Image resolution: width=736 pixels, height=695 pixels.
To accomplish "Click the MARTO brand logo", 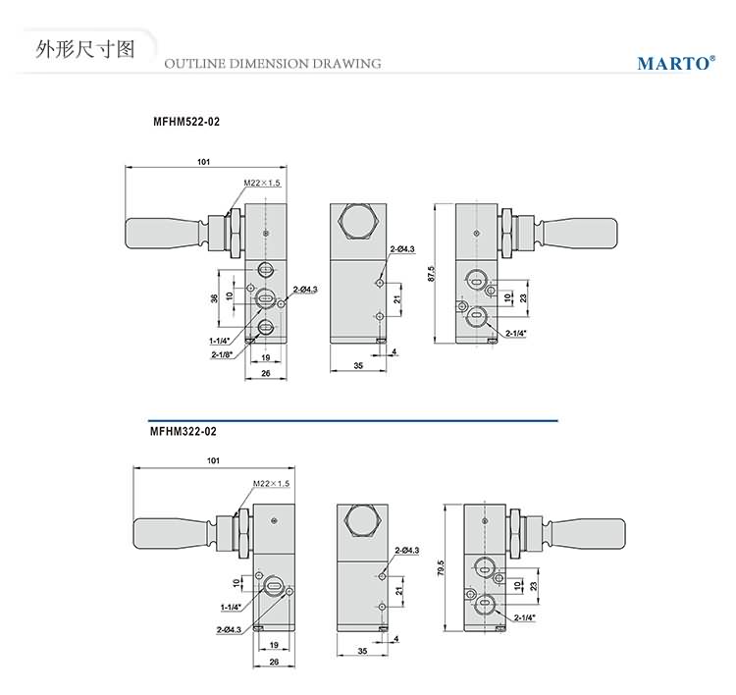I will (x=673, y=63).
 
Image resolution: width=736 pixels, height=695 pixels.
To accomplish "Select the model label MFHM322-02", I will (x=183, y=430).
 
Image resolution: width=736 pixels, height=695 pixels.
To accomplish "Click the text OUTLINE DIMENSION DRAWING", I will (x=272, y=64).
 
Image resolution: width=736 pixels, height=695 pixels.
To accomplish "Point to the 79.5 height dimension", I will (x=441, y=566).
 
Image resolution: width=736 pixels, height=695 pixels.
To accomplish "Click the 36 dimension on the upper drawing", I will (x=215, y=298).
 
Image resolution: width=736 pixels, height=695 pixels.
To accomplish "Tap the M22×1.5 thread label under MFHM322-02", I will (x=272, y=483).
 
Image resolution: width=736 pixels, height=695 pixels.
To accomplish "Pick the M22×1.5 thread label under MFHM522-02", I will (x=262, y=183).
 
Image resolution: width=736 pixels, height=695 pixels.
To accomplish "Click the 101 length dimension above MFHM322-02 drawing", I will (x=214, y=459).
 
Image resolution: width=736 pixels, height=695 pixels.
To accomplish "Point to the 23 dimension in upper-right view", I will (x=523, y=296).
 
